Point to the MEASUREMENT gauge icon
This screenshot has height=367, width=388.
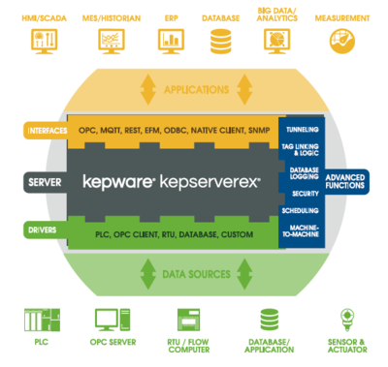pos(341,40)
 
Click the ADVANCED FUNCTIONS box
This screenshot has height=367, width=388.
pos(344,182)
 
